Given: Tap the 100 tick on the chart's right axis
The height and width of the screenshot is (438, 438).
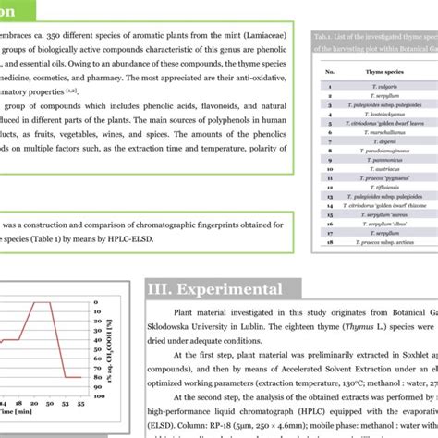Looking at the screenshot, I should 97,301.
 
